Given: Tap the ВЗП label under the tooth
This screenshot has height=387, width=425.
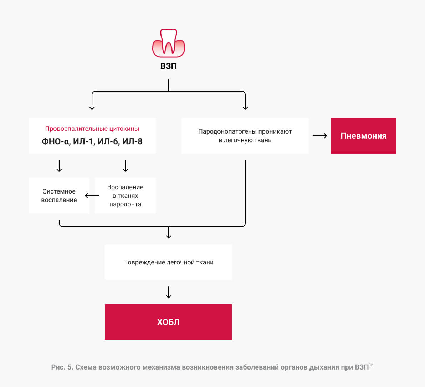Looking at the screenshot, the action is coord(169,66).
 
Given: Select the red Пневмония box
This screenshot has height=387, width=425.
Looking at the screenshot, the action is coord(363,136).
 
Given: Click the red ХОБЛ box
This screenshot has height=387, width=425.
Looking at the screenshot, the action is coord(168,322).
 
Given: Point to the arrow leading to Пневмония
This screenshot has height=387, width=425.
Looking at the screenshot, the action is coord(320,136).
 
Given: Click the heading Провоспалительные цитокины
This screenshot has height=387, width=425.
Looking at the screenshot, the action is coord(92,129).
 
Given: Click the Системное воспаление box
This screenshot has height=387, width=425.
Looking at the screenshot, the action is coord(59,196).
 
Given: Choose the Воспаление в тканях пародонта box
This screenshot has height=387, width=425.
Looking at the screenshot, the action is coord(125,196).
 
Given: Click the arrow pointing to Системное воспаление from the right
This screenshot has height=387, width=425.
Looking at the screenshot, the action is coord(92,196).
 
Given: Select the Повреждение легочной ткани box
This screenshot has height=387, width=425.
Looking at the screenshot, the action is coord(168,262).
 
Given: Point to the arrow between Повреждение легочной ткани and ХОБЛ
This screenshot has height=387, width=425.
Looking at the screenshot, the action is coord(169,292).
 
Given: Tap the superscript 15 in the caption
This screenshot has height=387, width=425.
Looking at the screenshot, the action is coord(371,365).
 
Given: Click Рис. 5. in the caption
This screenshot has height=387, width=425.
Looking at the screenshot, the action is coord(62,367).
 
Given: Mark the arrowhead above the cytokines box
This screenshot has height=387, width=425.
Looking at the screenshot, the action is coord(92,108).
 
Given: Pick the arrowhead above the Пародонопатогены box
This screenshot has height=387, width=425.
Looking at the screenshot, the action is coord(245,108).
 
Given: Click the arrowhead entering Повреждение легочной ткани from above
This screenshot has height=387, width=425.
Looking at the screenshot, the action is coord(169,237).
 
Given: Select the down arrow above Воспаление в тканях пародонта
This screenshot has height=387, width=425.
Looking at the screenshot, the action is coord(125,166).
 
